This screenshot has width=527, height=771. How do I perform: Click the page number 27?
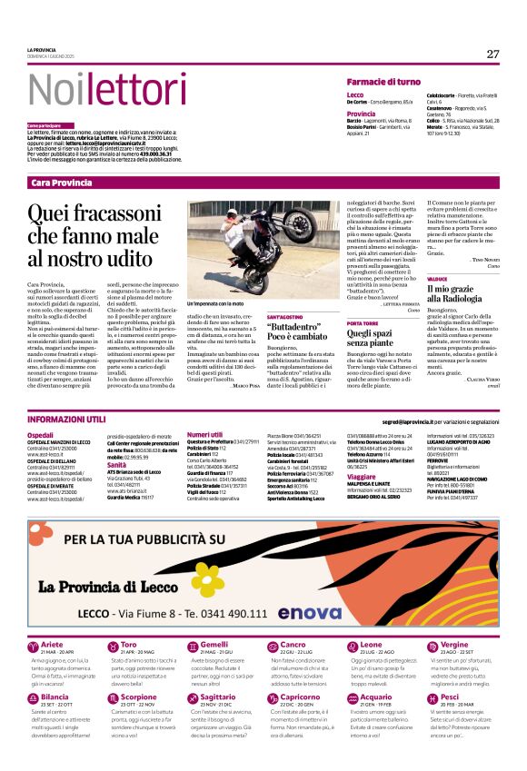[x=492, y=54]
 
